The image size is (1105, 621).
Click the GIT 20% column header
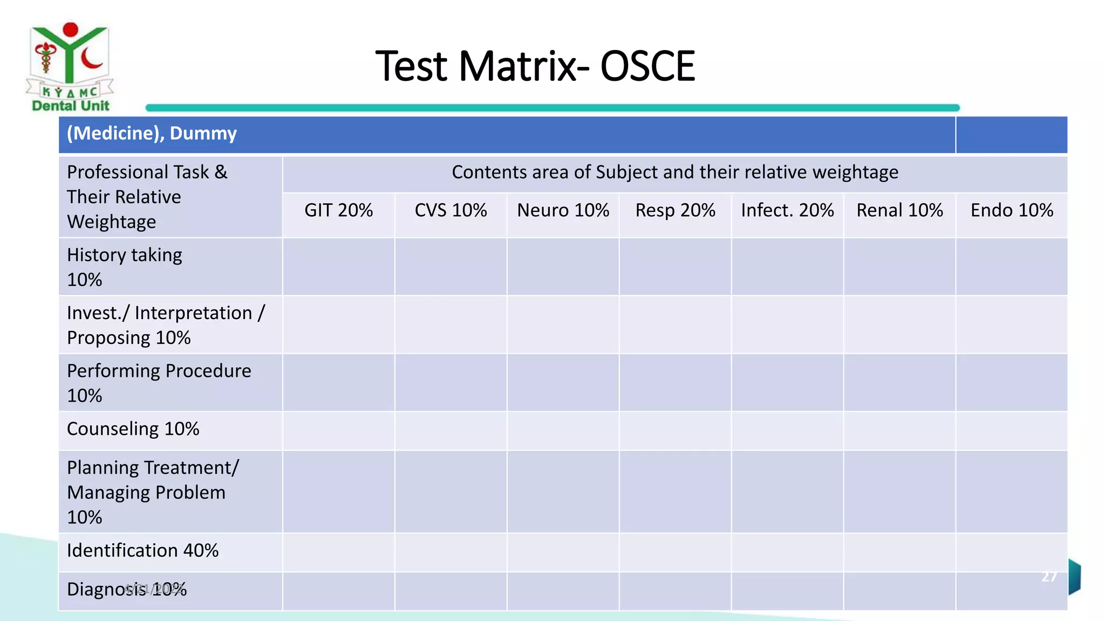pos(338,210)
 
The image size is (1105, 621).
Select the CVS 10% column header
pos(451,210)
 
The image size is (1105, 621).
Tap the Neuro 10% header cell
pos(563,210)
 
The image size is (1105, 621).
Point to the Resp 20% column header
pos(675,210)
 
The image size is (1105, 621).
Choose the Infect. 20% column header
pos(787,210)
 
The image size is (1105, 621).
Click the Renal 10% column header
pos(899,210)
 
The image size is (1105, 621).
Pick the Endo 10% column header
pos(1012,210)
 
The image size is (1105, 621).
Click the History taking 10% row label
pos(125,267)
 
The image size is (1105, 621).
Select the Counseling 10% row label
pos(133,429)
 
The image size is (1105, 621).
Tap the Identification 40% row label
pos(142,550)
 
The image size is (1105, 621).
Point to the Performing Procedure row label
pos(159,383)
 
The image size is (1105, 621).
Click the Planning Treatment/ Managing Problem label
pos(153,492)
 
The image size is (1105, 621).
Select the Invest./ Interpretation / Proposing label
pos(166,325)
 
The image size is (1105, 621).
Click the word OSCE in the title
pos(647,66)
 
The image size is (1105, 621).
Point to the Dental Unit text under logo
pos(71,106)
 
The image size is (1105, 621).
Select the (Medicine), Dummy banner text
pos(152,133)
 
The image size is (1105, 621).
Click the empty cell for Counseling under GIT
pos(338,431)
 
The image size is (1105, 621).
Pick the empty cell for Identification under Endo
pos(1012,552)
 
